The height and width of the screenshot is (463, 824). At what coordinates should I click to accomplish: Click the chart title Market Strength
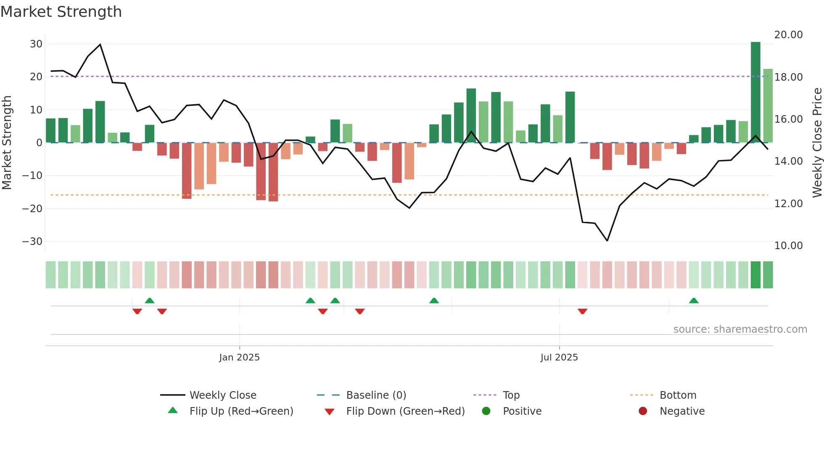coord(61,12)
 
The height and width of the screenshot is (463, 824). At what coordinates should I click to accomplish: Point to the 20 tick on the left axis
coord(36,77)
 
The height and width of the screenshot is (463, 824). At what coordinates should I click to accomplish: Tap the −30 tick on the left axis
coord(32,242)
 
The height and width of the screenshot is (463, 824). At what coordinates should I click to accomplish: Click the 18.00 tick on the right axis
coord(788,77)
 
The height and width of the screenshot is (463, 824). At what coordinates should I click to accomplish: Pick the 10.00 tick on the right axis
coord(788,246)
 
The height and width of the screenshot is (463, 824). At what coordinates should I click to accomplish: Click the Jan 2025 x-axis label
coord(239,358)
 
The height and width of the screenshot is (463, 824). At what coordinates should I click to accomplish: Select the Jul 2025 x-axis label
coord(559,358)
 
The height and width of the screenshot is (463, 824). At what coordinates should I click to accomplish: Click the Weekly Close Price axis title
coord(817,142)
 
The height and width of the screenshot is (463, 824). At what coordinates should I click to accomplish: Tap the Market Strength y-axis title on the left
coord(7,142)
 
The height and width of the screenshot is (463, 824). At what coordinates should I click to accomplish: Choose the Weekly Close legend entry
coord(223,395)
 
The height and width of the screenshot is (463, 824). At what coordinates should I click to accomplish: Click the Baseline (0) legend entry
coord(376,395)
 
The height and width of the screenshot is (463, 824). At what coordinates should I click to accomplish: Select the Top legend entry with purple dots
coord(511,395)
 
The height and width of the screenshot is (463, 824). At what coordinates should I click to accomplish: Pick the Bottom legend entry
coord(678,395)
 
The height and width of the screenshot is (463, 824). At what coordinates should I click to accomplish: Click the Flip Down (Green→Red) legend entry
coord(405,411)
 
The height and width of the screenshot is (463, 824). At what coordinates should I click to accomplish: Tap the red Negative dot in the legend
coord(643,411)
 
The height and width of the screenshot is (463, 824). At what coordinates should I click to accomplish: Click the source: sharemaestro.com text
coord(740,329)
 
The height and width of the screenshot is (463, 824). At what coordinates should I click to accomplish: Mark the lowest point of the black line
coord(607,241)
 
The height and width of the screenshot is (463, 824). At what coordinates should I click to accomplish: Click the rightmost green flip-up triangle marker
coord(694,300)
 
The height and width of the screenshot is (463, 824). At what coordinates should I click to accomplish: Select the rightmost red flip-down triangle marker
coord(582,311)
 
